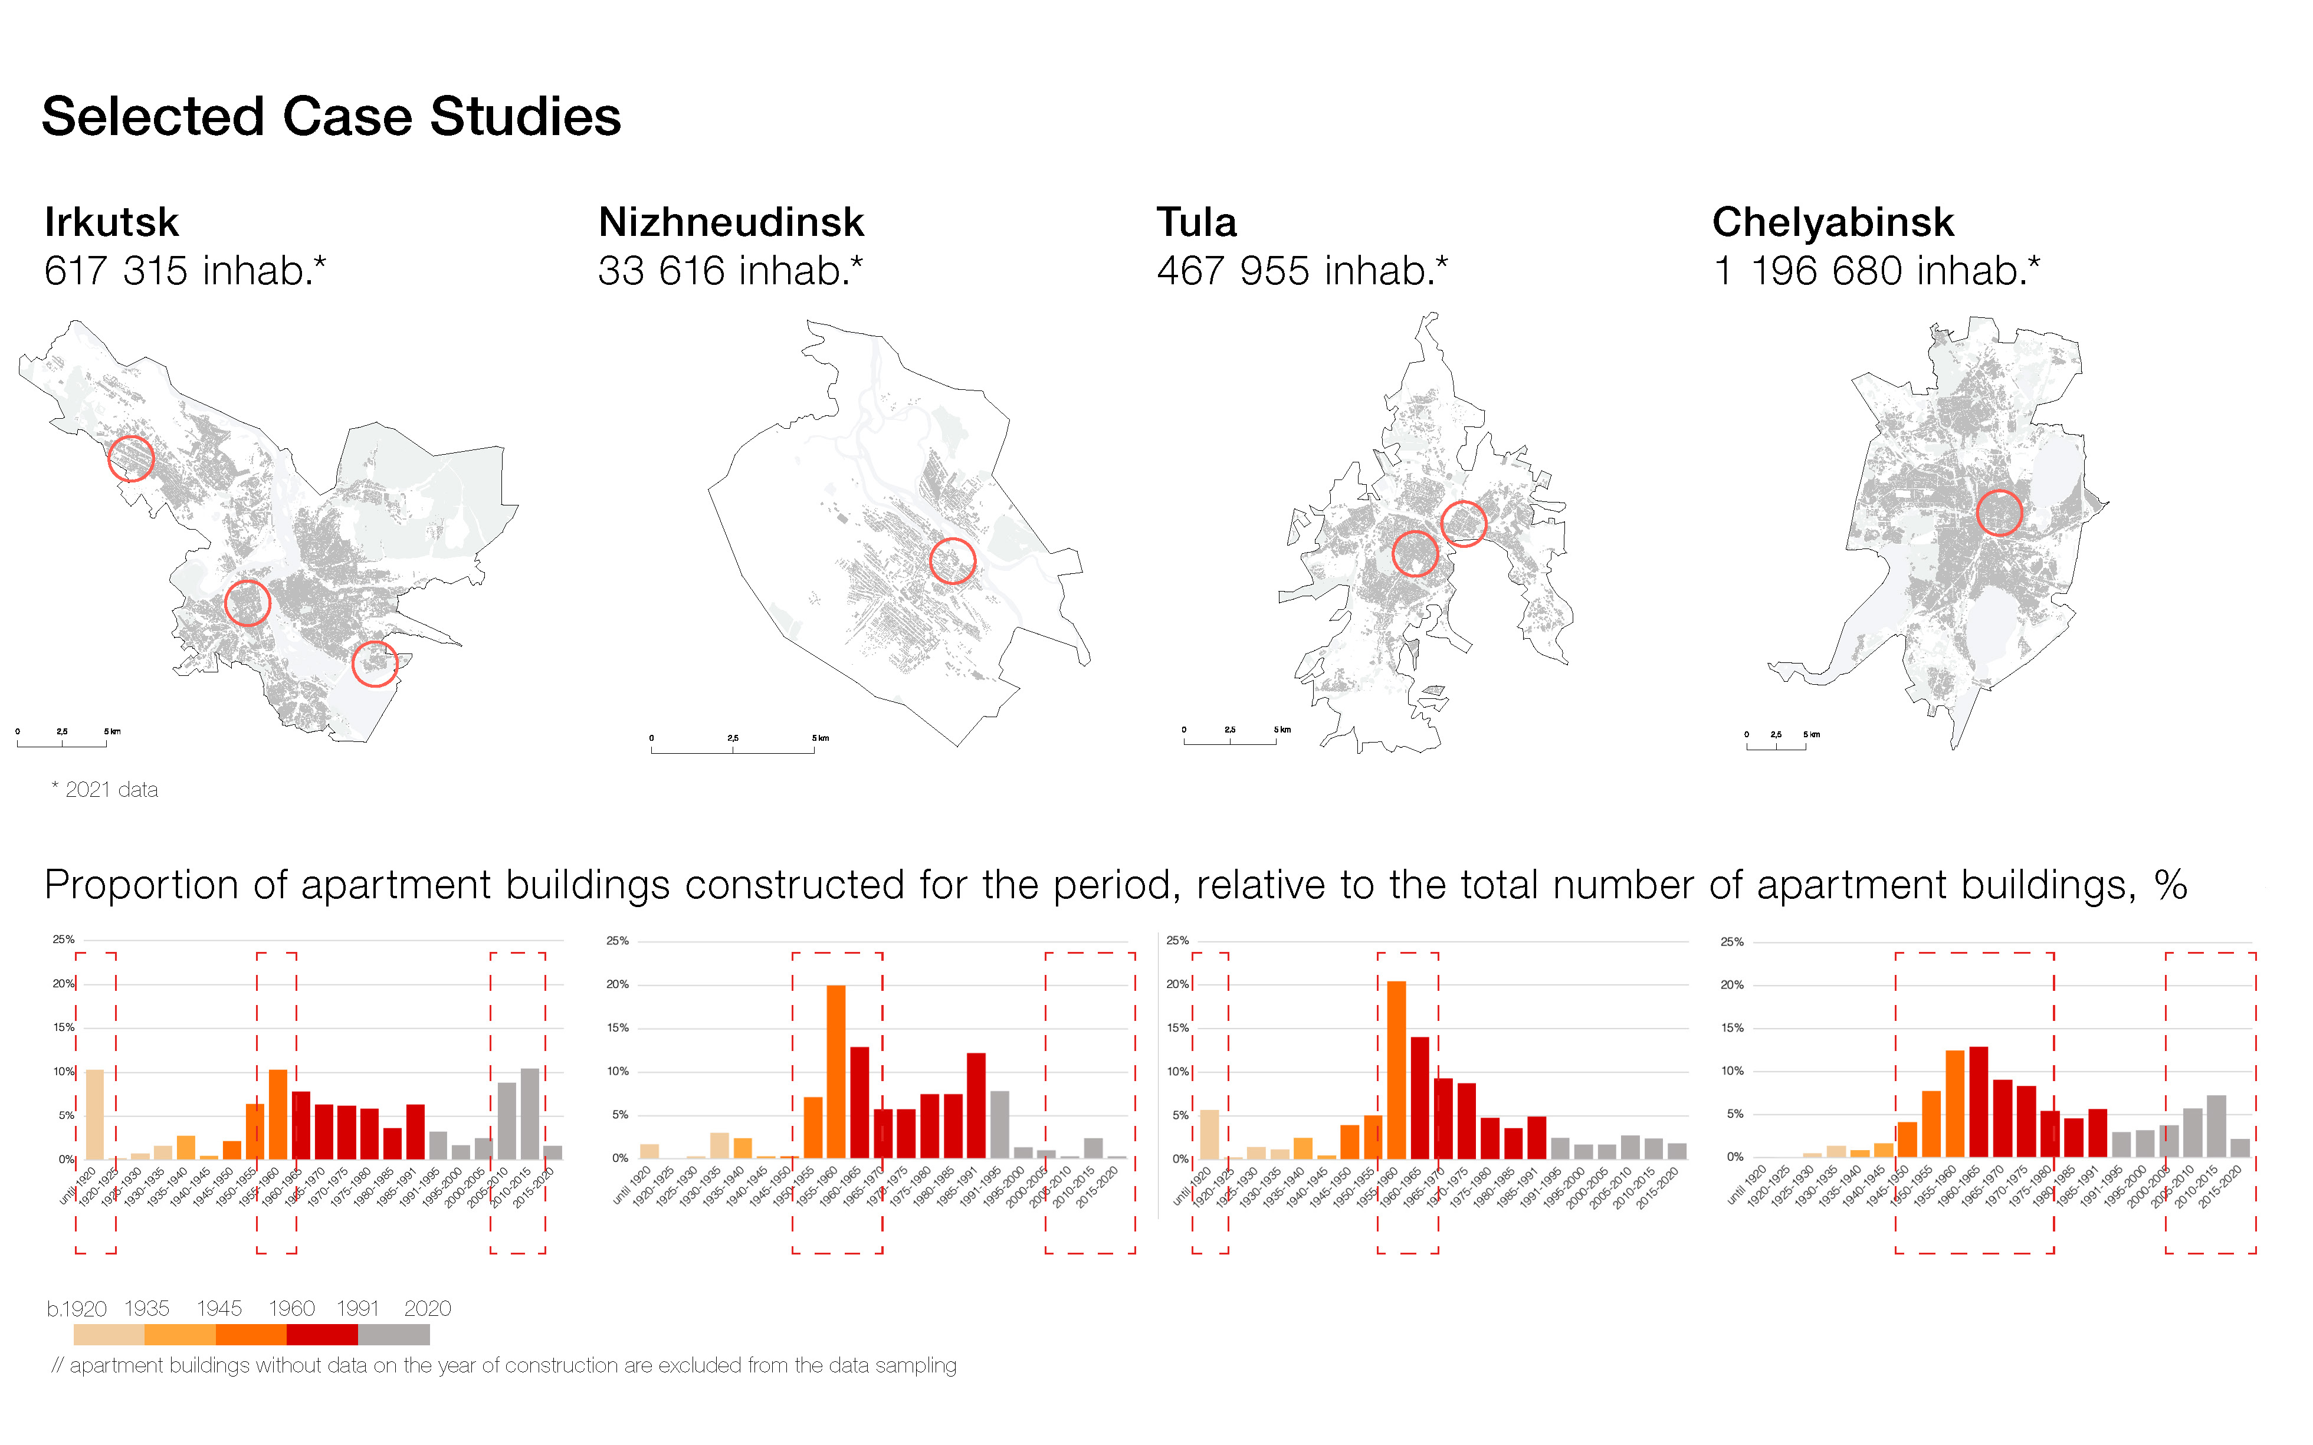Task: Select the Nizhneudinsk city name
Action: click(x=731, y=223)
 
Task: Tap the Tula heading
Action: click(x=1197, y=223)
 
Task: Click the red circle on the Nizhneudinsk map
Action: click(x=952, y=561)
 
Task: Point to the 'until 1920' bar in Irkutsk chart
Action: click(x=94, y=1114)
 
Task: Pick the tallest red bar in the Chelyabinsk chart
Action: click(x=1979, y=1101)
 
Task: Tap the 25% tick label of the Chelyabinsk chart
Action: click(x=1732, y=941)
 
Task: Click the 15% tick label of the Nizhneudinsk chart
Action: click(x=618, y=1027)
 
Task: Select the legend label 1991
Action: click(x=357, y=1308)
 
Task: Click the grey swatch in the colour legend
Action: click(x=394, y=1334)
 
